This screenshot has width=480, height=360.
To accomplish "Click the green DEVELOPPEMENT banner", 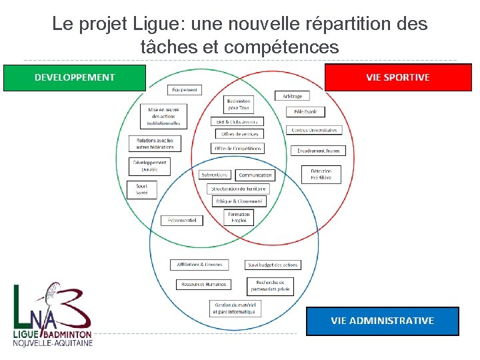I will pos(75,77).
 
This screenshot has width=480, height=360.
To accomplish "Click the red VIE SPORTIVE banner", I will pos(397,77).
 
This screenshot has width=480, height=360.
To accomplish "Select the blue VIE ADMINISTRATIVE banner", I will pos(382,321).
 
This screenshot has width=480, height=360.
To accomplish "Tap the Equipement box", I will pos(185,90).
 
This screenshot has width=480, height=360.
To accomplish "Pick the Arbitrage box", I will pos(292,96).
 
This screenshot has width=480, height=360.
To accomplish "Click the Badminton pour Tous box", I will pos(239,105).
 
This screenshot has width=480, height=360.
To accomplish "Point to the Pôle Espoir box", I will pos(305,112).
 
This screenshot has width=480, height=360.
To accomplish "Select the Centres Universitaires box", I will pos(314,130).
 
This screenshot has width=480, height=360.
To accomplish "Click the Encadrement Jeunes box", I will pos(319,151).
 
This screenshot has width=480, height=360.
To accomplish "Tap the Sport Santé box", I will pos(142,189).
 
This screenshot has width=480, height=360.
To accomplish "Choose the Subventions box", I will pos(215,175).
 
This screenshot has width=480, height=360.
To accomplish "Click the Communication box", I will pos(255,175).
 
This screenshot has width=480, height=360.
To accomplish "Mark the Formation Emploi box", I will pos(239,217).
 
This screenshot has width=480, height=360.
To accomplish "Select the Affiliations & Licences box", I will pos(199,265).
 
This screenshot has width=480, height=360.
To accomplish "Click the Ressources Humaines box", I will pos(203,284).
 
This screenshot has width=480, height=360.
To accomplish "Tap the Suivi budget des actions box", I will pos(272,265).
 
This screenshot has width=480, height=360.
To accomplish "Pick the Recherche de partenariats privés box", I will pos(270,286).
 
